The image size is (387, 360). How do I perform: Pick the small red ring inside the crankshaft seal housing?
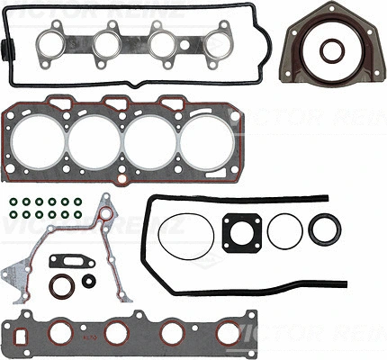click(331, 49)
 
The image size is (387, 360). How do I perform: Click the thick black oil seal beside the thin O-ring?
click(324, 229)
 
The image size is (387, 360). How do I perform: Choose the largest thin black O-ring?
click(185, 237)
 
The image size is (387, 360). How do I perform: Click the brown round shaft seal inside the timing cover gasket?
click(61, 286)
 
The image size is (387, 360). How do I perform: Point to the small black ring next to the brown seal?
click(88, 281)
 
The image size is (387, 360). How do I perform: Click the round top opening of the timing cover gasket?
click(105, 214)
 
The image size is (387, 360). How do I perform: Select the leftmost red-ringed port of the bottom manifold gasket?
click(60, 333)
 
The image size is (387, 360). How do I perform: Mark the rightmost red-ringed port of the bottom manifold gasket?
click(229, 333)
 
